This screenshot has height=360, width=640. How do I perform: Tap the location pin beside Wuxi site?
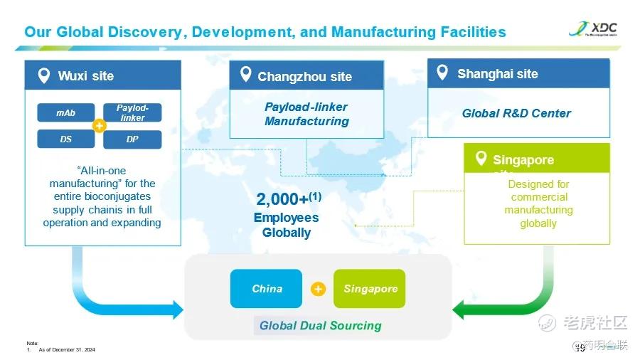pos(44,75)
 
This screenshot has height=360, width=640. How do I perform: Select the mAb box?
pos(66,113)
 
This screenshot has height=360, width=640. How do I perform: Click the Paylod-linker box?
pos(132,113)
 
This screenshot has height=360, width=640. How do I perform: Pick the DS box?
pos(66,139)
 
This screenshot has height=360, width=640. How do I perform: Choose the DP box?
pos(132,139)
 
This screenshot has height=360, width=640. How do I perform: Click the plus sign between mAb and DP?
pos(100,127)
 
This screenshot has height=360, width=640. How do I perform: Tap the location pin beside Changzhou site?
pos(246,74)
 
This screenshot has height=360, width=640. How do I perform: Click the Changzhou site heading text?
pos(304,76)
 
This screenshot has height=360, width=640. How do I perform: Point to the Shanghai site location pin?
pos(442,73)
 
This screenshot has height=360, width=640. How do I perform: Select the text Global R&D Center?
pos(516,112)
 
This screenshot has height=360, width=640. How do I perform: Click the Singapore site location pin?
pos(481,158)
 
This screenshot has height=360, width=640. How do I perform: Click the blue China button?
pos(267,289)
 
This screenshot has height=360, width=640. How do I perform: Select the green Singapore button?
pos(370,289)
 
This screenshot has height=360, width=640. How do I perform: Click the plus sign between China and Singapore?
pos(318,289)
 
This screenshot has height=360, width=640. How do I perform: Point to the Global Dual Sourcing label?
pos(320,326)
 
